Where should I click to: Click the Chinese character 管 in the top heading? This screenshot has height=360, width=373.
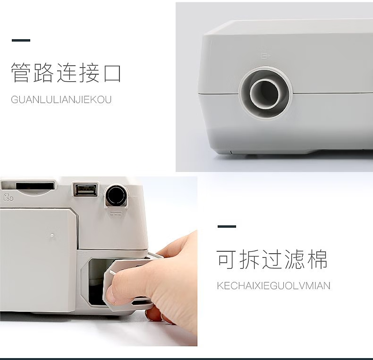click(x=21, y=72)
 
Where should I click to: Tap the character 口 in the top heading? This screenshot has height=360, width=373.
click(x=112, y=73)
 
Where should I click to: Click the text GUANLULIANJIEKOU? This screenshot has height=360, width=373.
click(x=61, y=100)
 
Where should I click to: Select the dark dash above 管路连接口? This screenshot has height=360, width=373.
click(x=21, y=40)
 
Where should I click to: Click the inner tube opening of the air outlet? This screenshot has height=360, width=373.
click(x=264, y=93)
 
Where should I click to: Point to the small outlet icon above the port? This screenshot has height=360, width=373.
click(x=266, y=56)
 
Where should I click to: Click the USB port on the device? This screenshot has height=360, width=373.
click(x=85, y=190)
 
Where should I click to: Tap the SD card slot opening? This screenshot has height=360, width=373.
click(x=35, y=186)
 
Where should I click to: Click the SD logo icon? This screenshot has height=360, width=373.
click(x=8, y=197)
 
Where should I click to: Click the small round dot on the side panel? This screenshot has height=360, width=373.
click(x=52, y=236)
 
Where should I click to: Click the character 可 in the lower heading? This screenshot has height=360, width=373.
click(x=226, y=259)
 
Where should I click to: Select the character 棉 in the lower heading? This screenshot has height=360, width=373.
click(x=317, y=259)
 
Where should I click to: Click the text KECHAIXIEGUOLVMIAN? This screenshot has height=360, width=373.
click(x=273, y=285)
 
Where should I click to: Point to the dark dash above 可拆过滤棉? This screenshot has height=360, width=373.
click(x=227, y=226)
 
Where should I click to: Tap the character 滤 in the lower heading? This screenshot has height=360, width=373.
click(x=295, y=259)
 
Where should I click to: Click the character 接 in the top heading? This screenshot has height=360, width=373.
click(x=89, y=72)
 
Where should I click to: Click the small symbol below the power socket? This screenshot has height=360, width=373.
click(x=116, y=214)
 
